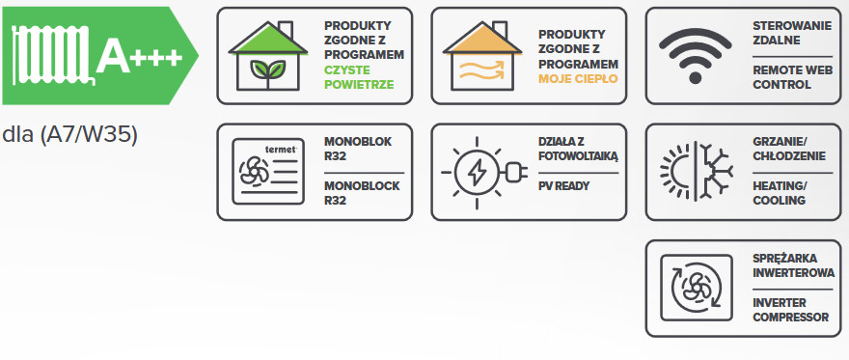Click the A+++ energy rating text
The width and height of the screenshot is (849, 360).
point(139,57)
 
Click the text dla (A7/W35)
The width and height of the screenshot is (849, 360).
point(69,135)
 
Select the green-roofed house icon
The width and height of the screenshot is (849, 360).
point(268,56)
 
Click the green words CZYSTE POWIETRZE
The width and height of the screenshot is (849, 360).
point(359,77)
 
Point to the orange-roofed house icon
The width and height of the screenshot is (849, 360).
point(482,56)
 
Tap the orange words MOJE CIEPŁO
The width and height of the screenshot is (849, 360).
point(578,79)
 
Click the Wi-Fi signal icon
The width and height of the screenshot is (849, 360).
point(696,56)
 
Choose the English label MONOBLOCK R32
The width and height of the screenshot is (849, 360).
point(362,193)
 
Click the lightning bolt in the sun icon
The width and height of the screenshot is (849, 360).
point(477,173)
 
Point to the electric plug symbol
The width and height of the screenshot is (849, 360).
point(515,173)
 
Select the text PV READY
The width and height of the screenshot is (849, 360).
point(563,186)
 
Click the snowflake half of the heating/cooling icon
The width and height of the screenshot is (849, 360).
point(714,172)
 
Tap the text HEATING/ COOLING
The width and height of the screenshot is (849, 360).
point(780,193)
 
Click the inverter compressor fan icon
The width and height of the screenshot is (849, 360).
point(697,288)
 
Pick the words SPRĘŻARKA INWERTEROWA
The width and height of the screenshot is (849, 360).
point(793,265)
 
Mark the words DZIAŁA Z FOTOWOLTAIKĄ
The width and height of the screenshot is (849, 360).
point(578,149)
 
